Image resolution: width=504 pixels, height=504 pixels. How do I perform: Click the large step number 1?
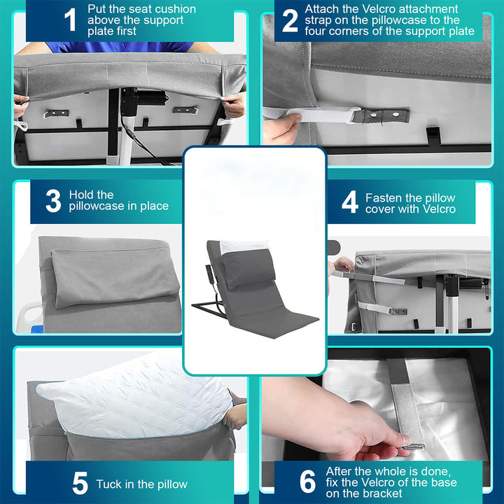coord(71,20)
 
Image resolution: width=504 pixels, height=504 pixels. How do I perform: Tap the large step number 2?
coord(290,20)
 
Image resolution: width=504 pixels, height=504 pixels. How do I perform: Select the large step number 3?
coord(53,201)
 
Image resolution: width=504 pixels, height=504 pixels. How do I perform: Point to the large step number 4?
coord(350,202)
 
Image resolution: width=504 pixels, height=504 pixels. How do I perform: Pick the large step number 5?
coord(80,483)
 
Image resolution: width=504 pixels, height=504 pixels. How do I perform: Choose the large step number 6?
coord(307,482)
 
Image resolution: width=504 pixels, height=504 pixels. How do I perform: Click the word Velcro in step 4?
coord(440,209)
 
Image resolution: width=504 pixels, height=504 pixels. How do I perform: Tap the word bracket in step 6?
coord(384,493)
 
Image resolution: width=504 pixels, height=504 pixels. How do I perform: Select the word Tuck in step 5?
coord(108,484)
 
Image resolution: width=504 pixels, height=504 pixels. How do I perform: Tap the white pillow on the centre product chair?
coord(244,246)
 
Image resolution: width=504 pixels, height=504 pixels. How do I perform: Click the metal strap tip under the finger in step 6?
coord(414,446)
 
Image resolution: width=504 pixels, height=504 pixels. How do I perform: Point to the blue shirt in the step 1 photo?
coord(120,47)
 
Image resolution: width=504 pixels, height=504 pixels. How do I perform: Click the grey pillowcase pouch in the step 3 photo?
coord(115,277)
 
